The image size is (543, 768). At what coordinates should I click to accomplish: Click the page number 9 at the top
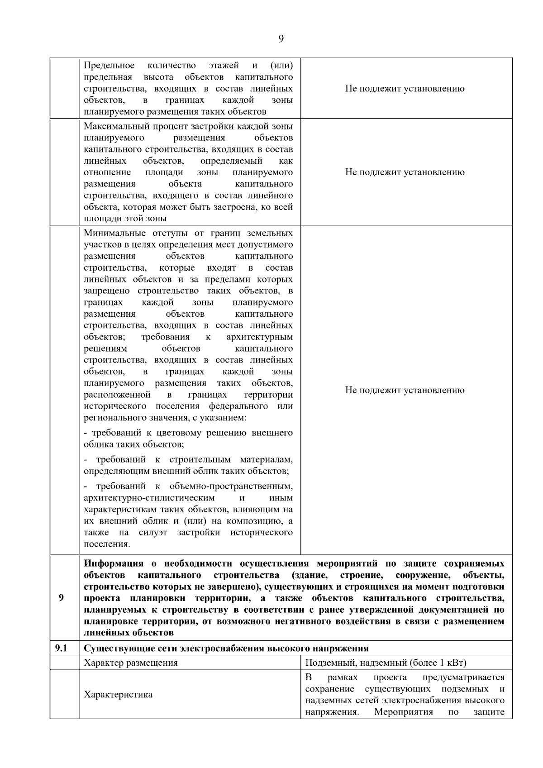[281, 38]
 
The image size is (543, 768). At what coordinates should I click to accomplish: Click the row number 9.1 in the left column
[61, 648]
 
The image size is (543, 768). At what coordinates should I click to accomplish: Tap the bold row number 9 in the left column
[61, 597]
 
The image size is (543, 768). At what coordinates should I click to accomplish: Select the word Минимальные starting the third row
[114, 234]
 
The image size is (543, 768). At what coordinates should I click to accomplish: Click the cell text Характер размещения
[130, 663]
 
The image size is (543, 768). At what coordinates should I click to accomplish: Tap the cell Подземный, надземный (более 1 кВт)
[386, 663]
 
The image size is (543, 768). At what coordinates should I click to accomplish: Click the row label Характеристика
[118, 694]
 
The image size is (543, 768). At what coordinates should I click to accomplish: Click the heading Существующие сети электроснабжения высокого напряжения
[226, 648]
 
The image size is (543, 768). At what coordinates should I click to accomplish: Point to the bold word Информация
[114, 563]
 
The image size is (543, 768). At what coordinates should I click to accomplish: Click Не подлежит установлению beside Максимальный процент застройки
[405, 172]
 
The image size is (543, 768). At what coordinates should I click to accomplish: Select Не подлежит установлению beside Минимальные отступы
[405, 390]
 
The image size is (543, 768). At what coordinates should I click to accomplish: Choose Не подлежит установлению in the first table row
[405, 88]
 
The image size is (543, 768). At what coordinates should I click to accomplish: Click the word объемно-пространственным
[231, 487]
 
